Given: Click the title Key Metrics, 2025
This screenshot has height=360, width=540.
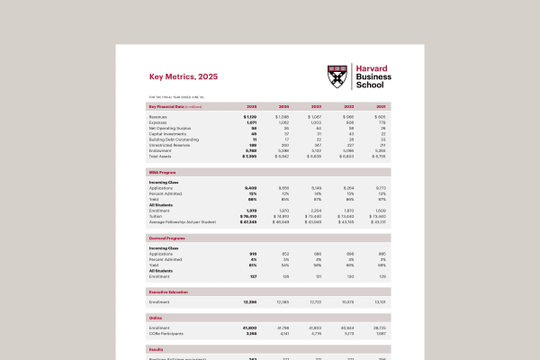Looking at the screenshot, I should [183, 77].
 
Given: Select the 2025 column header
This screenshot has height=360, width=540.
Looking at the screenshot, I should [251, 106].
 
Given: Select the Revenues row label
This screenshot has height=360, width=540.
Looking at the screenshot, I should [157, 117].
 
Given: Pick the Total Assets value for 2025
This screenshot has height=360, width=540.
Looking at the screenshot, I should [249, 156].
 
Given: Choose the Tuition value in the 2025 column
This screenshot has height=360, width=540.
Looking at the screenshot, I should [248, 215].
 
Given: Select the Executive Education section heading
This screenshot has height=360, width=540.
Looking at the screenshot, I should [171, 292].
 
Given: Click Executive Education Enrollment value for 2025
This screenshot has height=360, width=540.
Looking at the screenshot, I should [248, 302].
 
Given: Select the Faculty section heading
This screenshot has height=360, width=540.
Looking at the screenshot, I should [157, 347].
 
